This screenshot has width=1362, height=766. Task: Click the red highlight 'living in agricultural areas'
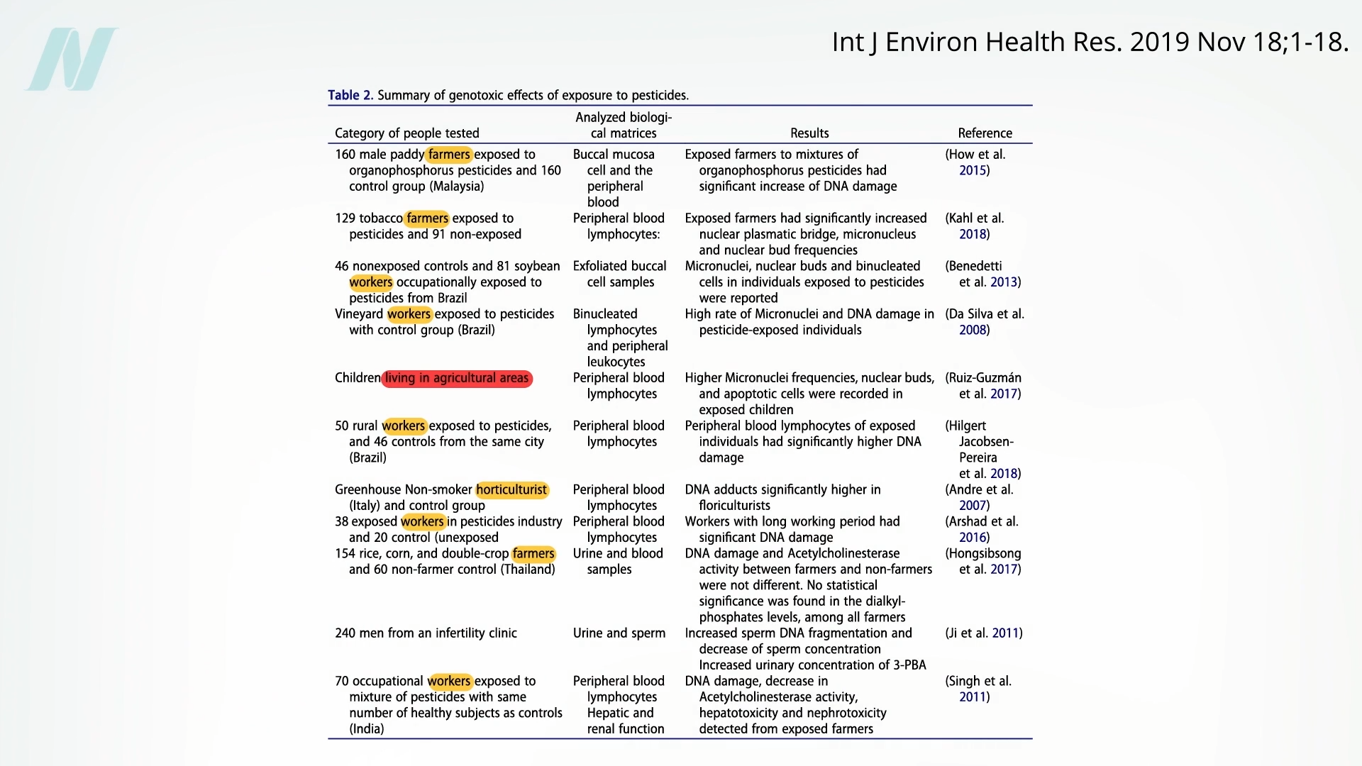pos(457,378)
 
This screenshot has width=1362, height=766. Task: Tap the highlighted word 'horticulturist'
pos(511,489)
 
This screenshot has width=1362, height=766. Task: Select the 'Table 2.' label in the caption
pos(350,95)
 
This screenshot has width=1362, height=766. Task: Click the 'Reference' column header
pos(985,133)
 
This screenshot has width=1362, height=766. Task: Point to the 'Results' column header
pos(809,133)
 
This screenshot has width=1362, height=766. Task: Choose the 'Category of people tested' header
pos(407,133)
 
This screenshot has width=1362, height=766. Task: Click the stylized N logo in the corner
pos(72,59)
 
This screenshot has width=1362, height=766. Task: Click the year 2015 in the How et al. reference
pos(973,170)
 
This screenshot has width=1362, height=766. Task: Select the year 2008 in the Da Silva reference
pos(973,330)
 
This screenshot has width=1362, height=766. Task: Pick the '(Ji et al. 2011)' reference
pos(983,633)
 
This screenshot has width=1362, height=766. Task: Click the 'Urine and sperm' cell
pos(619,633)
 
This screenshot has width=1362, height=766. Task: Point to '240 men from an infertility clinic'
pos(426,633)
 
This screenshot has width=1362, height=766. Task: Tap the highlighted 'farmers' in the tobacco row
pos(427,218)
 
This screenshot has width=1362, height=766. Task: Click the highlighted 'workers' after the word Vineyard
pos(409,314)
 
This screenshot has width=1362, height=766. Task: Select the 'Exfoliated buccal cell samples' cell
pos(620,274)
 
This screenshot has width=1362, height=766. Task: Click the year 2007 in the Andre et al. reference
pos(973,506)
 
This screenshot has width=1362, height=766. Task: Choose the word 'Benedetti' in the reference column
pos(975,266)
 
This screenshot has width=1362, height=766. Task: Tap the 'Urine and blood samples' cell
pos(618,561)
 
